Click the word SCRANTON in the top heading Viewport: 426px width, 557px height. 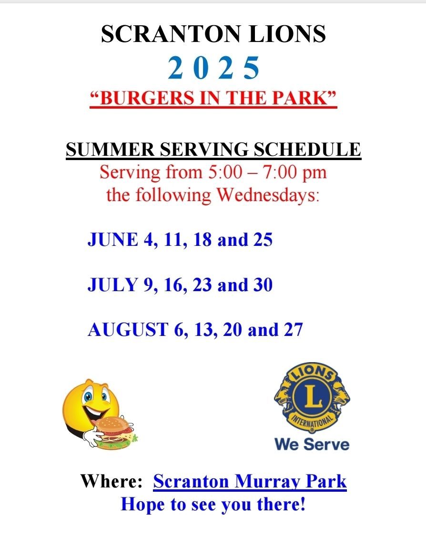click(171, 34)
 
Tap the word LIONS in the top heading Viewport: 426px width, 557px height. click(287, 34)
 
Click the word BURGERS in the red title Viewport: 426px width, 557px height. click(147, 98)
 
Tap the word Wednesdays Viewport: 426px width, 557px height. click(268, 195)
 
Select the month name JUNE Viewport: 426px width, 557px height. click(113, 239)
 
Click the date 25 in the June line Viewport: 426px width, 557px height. click(263, 239)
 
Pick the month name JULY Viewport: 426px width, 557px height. click(112, 284)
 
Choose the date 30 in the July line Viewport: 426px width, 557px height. click(263, 284)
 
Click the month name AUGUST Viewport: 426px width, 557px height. click(128, 330)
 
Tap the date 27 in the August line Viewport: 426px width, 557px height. click(293, 330)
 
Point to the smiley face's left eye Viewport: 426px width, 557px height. click(88, 396)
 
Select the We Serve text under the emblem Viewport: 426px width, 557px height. click(312, 445)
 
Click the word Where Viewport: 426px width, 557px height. click(112, 481)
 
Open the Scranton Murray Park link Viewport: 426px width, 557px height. click(250, 482)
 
